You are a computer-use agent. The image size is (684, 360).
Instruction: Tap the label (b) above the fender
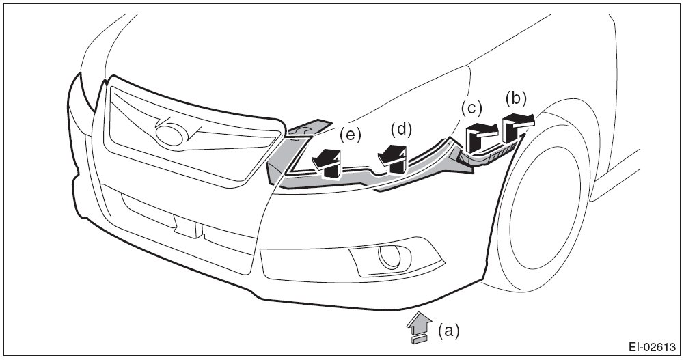point(517,98)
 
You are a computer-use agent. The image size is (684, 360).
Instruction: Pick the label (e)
point(351,135)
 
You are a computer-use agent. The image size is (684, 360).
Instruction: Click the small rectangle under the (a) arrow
point(419,337)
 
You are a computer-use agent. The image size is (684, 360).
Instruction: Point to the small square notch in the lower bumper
point(187,225)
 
